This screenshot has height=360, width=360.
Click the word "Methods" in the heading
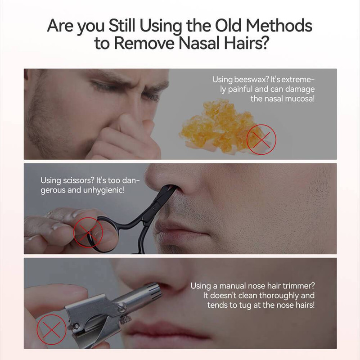(x=279, y=25)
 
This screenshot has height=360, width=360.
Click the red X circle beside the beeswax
(x=261, y=139)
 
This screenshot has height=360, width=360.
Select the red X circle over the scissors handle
(x=88, y=232)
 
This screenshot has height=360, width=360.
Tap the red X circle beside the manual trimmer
(x=51, y=329)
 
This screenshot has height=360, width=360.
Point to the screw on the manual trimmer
(x=121, y=306)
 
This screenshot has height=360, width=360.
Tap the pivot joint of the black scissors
(x=153, y=209)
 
